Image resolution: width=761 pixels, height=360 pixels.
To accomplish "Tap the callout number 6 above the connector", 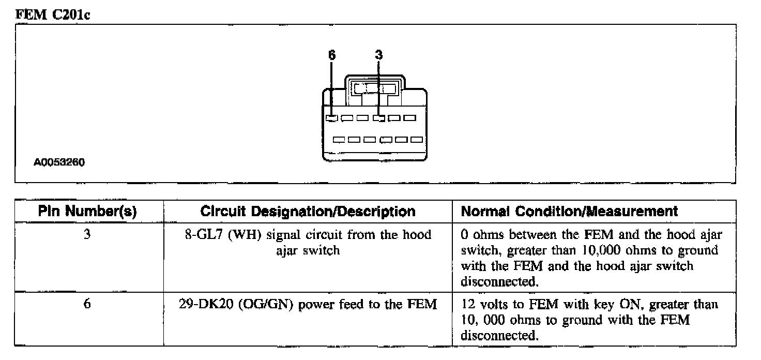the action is (332, 54).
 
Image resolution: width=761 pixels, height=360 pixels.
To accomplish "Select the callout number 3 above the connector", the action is (379, 54).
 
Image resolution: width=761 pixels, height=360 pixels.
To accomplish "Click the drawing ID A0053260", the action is (59, 162).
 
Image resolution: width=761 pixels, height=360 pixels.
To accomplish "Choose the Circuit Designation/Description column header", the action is (308, 212).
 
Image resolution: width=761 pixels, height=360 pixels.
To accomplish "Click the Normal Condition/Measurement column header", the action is (569, 212).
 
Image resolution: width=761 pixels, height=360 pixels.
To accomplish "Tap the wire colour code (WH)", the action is (245, 235).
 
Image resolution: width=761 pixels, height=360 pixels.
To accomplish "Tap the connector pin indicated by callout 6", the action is (331, 118).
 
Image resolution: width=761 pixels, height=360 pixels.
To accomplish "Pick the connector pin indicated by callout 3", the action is (379, 118).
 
